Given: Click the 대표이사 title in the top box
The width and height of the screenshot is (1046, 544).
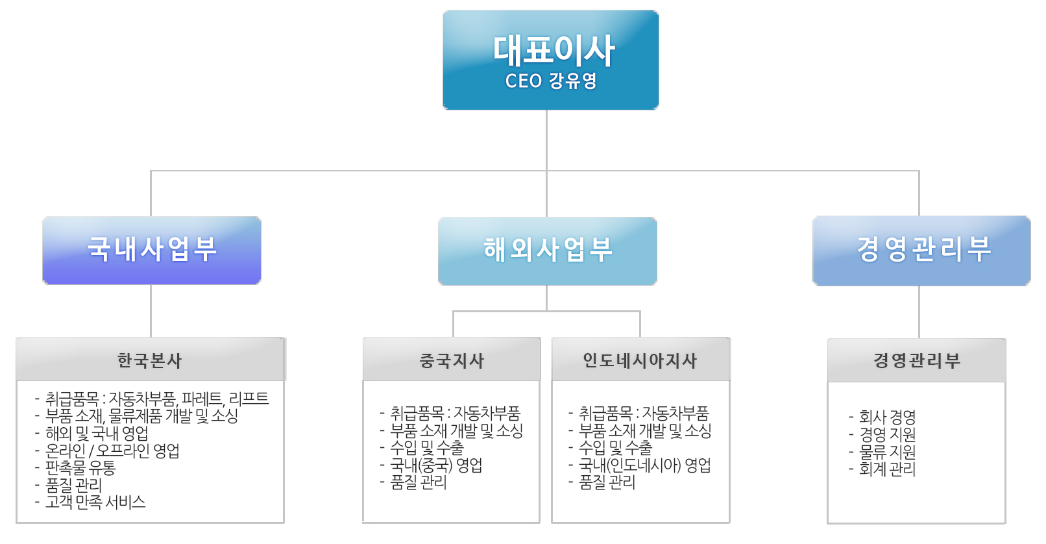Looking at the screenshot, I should pyautogui.click(x=553, y=51).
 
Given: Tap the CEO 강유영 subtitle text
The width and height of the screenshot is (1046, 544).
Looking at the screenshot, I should pyautogui.click(x=551, y=81).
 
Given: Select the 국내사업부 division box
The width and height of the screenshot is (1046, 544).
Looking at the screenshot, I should pyautogui.click(x=152, y=250).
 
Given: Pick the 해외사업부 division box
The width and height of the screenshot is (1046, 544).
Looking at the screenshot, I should pyautogui.click(x=548, y=251).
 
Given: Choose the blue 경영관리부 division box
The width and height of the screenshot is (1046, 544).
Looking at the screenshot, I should pyautogui.click(x=921, y=251).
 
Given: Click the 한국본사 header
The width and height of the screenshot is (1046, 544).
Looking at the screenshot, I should pyautogui.click(x=150, y=360).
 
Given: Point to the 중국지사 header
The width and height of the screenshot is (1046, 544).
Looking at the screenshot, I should pyautogui.click(x=452, y=360).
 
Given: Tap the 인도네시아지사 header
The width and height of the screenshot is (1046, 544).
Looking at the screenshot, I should pyautogui.click(x=640, y=360).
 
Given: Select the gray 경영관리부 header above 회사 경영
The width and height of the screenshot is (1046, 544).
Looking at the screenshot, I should pyautogui.click(x=916, y=360).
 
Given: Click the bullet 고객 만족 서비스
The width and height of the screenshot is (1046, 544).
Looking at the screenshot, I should pyautogui.click(x=95, y=502).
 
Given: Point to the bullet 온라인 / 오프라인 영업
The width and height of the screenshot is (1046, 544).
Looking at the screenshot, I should pyautogui.click(x=112, y=451).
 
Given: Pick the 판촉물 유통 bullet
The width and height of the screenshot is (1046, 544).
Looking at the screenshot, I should pyautogui.click(x=80, y=467).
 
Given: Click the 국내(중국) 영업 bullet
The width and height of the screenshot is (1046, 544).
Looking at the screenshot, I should pyautogui.click(x=436, y=465).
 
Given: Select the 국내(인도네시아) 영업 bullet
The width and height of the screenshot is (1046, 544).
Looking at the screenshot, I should pyautogui.click(x=644, y=465).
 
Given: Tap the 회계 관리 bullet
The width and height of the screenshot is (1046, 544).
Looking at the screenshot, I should pyautogui.click(x=887, y=469).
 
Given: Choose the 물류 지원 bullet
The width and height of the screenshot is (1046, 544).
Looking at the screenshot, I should pyautogui.click(x=887, y=452).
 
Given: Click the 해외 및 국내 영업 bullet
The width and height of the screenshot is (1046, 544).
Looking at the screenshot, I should pyautogui.click(x=97, y=433).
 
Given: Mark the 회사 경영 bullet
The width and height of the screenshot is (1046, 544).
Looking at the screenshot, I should pyautogui.click(x=887, y=417).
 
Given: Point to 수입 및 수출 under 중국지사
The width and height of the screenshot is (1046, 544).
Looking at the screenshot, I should pyautogui.click(x=427, y=448).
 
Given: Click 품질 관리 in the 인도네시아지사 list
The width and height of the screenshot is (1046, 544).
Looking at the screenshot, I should pyautogui.click(x=607, y=482).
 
